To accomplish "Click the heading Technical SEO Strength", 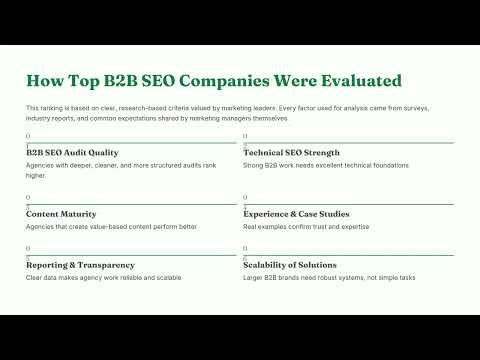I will click(291, 153).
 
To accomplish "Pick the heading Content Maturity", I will click(61, 214).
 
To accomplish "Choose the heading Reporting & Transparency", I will click(80, 265).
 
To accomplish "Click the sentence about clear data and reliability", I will click(104, 277).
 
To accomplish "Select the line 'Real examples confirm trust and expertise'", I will click(305, 227).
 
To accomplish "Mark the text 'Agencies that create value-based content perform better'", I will click(111, 227).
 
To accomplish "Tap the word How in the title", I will click(44, 80).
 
